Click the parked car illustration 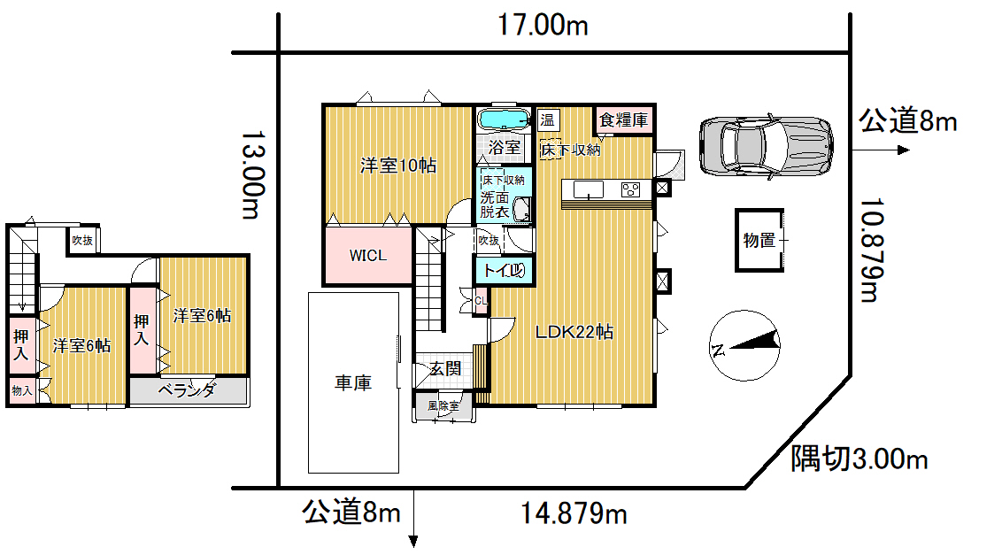[767, 146]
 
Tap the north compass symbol [745, 346]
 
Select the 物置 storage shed [759, 241]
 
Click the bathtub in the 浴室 [504, 119]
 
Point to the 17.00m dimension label [543, 26]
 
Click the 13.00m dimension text [252, 175]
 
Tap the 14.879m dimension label [574, 513]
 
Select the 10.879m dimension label [871, 250]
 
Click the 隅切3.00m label [859, 459]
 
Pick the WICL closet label [368, 255]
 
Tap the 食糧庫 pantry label [624, 119]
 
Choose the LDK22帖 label [574, 331]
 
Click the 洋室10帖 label [398, 166]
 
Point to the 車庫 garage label [353, 382]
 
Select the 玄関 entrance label [444, 368]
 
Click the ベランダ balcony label [187, 389]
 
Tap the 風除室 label [443, 406]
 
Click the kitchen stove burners [631, 189]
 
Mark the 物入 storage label [22, 390]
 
